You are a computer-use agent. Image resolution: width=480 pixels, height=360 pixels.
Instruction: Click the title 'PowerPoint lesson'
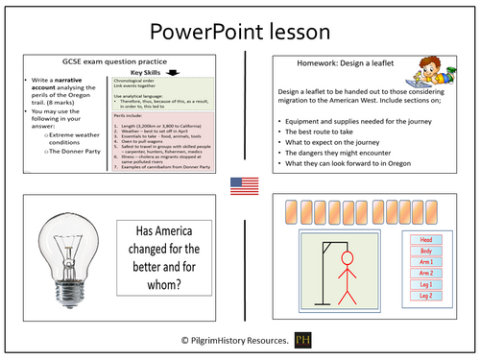[x=240, y=32]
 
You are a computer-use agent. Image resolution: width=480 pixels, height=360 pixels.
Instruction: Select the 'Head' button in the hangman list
[x=426, y=239]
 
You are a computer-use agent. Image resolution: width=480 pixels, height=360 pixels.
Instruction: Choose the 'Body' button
[x=426, y=251]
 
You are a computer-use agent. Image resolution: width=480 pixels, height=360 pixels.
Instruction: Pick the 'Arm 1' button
[x=426, y=262]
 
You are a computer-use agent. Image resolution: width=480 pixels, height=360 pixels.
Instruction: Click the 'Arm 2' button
[x=426, y=274]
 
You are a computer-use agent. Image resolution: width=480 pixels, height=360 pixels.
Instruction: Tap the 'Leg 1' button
[x=426, y=286]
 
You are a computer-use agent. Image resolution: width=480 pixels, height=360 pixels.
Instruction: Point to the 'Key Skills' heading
[x=151, y=73]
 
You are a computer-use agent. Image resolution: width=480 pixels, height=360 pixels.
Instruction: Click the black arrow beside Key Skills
[x=201, y=70]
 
